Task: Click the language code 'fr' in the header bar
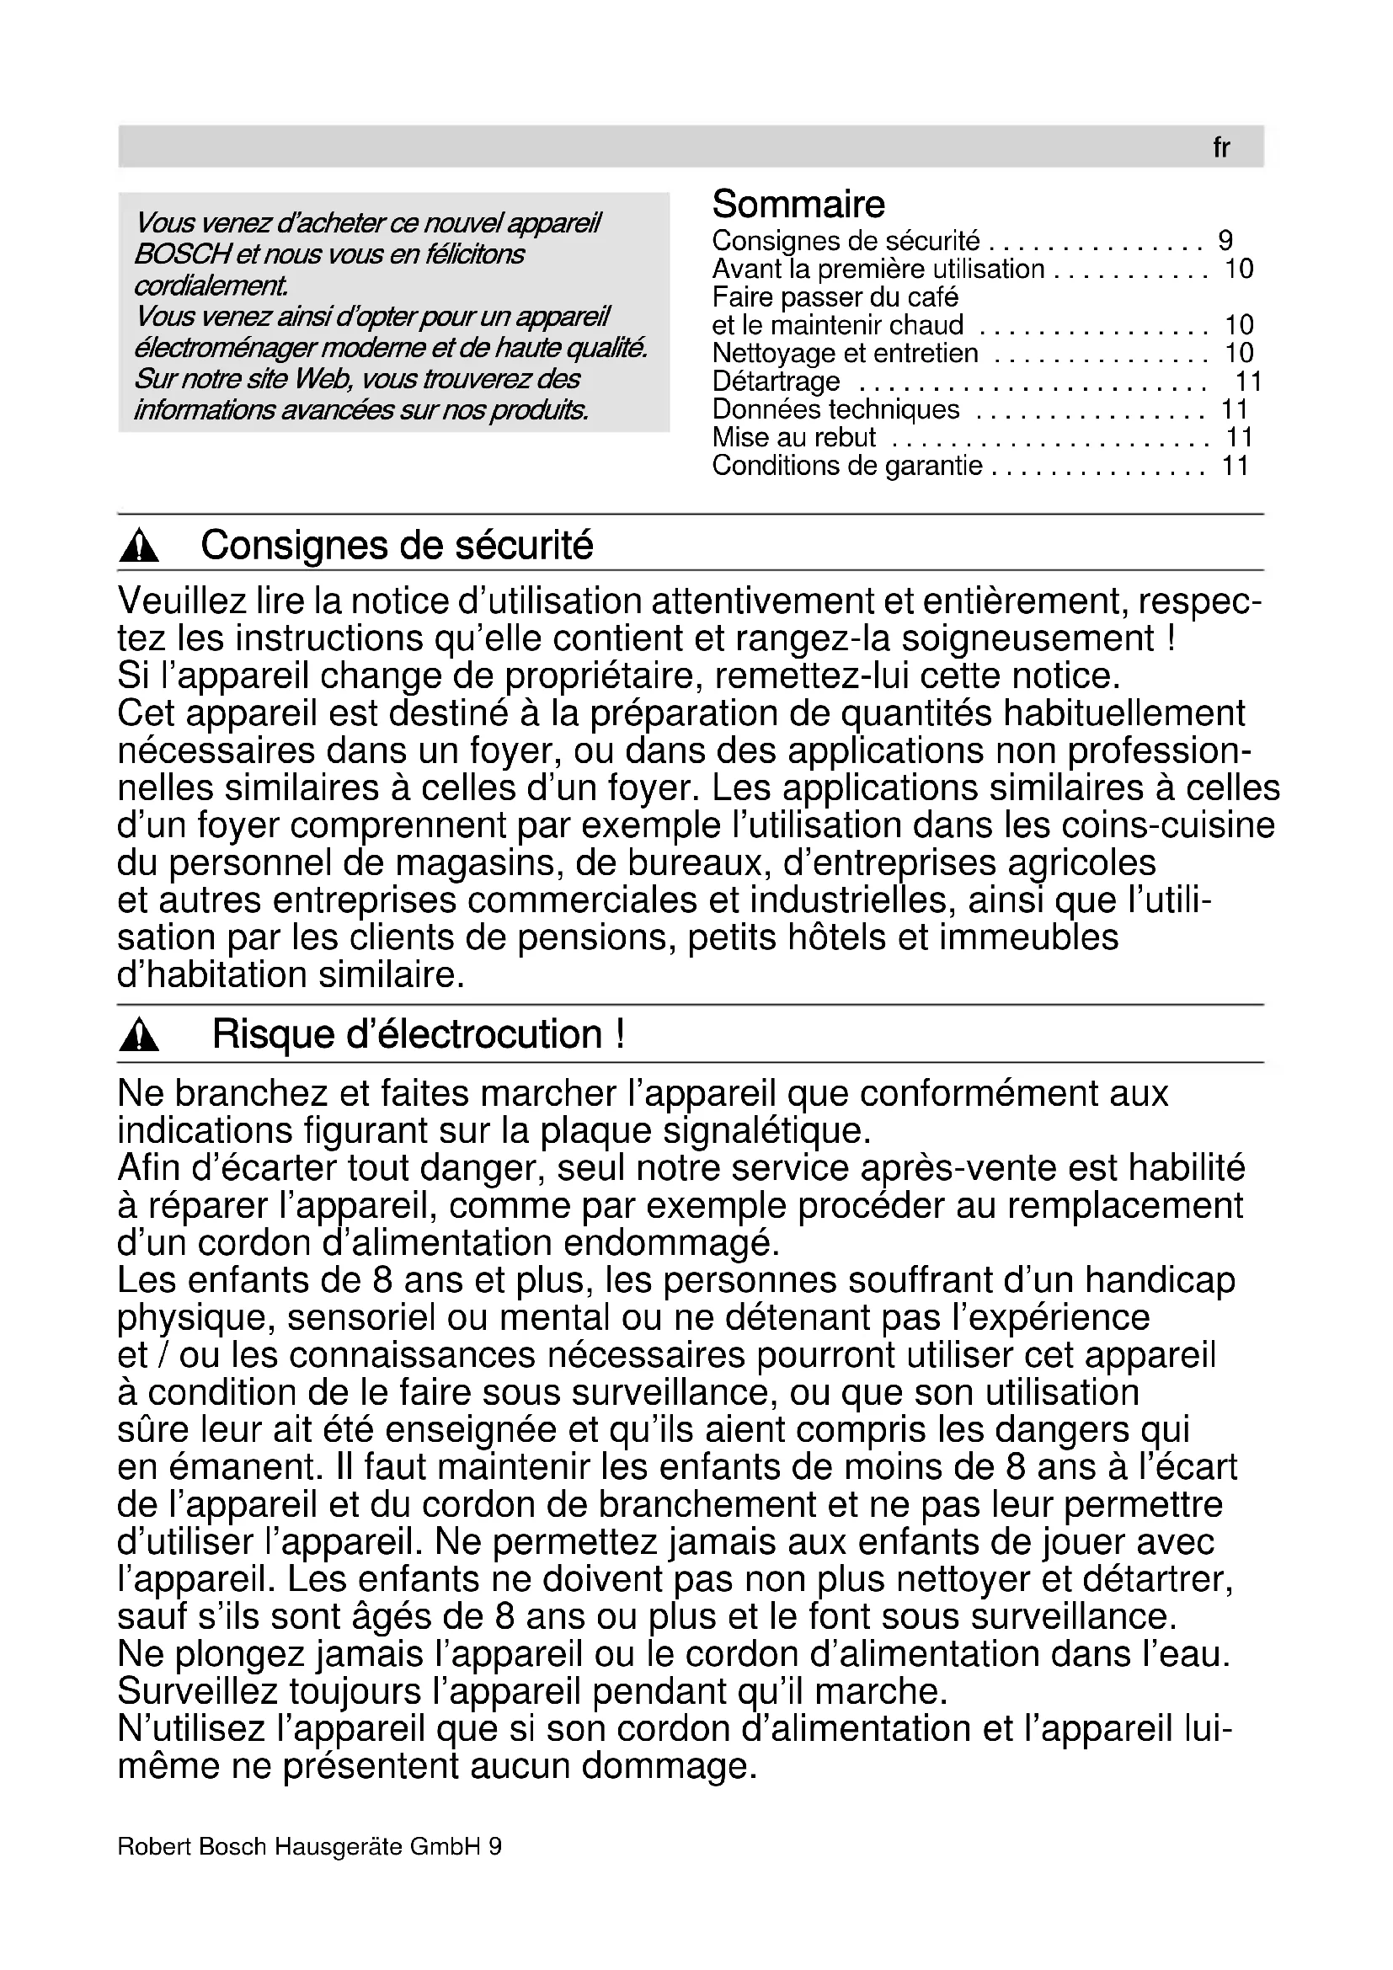pos(1220,148)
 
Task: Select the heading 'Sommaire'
pos(798,205)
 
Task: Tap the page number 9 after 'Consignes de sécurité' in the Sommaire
pos(1225,240)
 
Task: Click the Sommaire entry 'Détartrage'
pos(776,381)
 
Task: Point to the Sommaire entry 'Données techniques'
pos(835,409)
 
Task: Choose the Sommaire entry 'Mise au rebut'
pos(793,438)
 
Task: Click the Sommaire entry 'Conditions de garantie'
pos(846,466)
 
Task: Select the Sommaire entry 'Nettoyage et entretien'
pos(844,353)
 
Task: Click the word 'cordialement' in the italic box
pos(211,286)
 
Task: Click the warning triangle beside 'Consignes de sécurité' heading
pos(139,547)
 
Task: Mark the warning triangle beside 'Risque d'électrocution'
pos(139,1037)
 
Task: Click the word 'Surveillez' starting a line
pos(197,1692)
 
